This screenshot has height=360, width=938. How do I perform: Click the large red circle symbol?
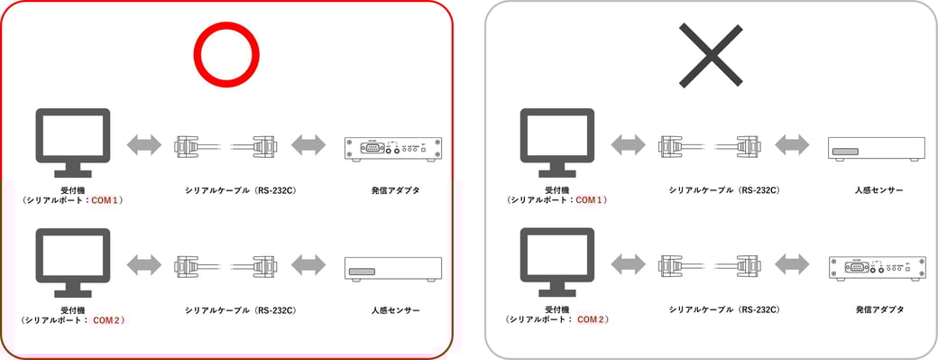pos(229,54)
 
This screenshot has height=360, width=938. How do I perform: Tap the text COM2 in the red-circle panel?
pos(107,320)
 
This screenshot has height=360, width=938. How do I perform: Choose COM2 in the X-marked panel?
pos(591,320)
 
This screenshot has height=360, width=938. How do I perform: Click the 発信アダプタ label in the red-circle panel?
pos(395,190)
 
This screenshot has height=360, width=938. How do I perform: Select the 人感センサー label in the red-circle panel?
pos(395,310)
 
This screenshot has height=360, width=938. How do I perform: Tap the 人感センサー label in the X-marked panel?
pos(879,190)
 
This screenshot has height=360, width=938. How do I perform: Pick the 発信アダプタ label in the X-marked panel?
pos(879,310)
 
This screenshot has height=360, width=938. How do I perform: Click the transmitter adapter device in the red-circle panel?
pos(394,147)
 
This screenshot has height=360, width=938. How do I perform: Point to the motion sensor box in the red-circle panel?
pos(394,268)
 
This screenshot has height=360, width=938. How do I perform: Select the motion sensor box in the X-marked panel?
pos(878,148)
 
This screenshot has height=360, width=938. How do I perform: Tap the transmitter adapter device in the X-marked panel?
pos(878,267)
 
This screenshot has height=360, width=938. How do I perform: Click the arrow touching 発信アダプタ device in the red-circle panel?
pos(308,145)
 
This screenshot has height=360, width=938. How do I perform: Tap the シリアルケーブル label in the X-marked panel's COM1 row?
pos(724,190)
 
